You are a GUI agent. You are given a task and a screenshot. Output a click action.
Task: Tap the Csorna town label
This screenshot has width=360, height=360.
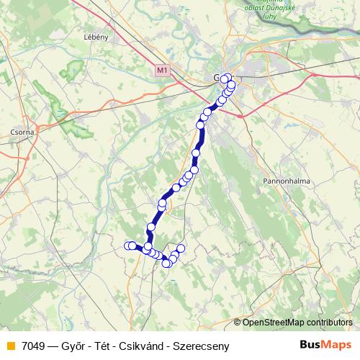13,132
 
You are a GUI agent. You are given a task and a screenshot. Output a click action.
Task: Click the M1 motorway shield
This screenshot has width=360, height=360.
162,70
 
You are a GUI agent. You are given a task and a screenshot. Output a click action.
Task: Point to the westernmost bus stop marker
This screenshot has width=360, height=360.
128,246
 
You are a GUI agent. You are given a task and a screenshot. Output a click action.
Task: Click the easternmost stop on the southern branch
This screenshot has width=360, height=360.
181,248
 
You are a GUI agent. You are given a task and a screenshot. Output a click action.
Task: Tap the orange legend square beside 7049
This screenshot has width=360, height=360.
10,346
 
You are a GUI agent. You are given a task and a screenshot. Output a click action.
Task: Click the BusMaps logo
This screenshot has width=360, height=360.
326,345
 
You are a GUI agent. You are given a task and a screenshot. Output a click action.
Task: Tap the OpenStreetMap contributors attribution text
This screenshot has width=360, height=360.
297,322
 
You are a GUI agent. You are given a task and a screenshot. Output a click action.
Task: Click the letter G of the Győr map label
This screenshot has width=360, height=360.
216,77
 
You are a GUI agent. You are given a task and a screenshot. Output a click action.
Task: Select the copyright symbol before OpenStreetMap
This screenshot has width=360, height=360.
238,322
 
